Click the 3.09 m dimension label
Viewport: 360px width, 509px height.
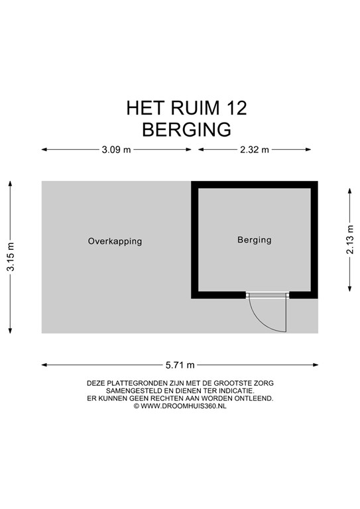click(x=116, y=150)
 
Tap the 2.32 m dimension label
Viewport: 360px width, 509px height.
click(x=255, y=150)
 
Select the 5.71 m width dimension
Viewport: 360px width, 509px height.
click(x=180, y=365)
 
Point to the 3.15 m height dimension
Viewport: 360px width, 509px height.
click(x=11, y=256)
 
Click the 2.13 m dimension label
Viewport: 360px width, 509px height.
click(x=350, y=239)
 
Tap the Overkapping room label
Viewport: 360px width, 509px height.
click(x=115, y=241)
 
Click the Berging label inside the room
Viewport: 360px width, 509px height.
click(x=255, y=240)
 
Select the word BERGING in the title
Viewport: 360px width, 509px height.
click(x=187, y=129)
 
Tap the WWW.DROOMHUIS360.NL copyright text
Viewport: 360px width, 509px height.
click(x=184, y=406)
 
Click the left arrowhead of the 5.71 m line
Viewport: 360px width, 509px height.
click(x=44, y=365)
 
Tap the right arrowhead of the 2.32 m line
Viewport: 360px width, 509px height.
click(x=308, y=150)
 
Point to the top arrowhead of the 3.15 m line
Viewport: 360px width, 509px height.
click(x=11, y=184)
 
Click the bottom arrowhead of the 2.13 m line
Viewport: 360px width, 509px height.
click(x=350, y=288)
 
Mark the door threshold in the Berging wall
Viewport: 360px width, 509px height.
click(x=267, y=295)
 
